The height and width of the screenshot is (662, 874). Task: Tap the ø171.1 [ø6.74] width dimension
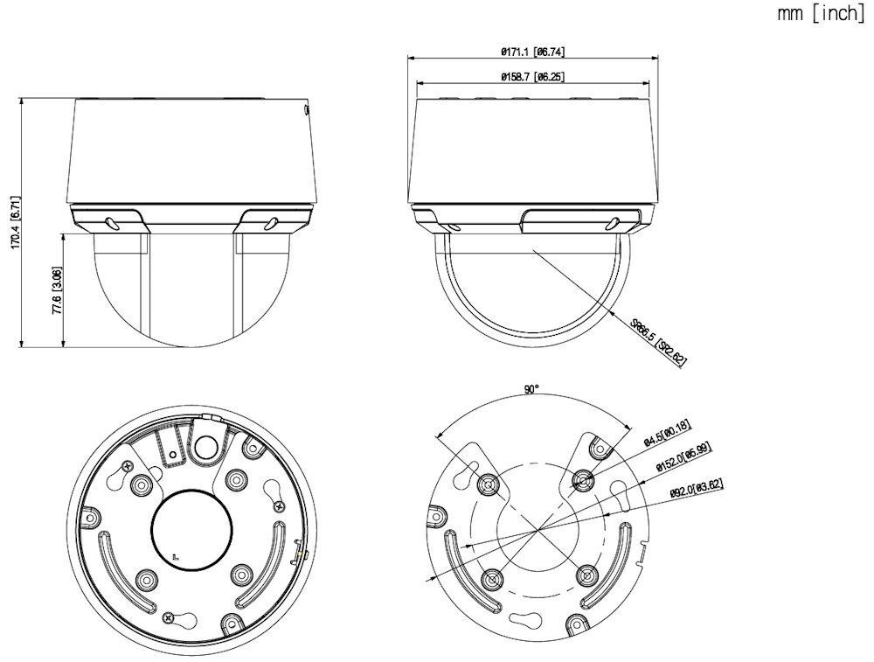point(532,52)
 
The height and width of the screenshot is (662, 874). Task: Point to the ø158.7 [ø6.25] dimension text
point(532,77)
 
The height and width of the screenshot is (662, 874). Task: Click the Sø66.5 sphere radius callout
point(658,342)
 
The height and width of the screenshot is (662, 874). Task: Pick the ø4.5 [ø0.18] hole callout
point(667,432)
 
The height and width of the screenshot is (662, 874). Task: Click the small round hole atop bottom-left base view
point(205,448)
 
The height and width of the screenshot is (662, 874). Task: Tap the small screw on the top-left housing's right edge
point(306,110)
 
